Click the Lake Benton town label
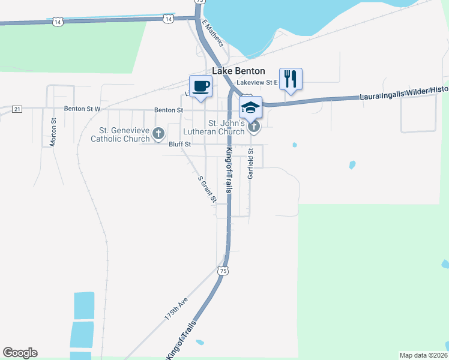pyautogui.click(x=239, y=71)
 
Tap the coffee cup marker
pyautogui.click(x=200, y=86)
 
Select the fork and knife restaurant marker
pyautogui.click(x=291, y=79)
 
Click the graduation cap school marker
pyautogui.click(x=250, y=107)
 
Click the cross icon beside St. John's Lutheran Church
pyautogui.click(x=255, y=126)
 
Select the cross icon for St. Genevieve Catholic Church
pyautogui.click(x=158, y=134)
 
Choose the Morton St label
pyautogui.click(x=53, y=130)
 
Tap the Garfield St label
pyautogui.click(x=251, y=164)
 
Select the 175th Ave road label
pyautogui.click(x=176, y=307)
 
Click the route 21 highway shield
pyautogui.click(x=17, y=109)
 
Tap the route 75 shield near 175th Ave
pyautogui.click(x=224, y=271)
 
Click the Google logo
pyautogui.click(x=20, y=353)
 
